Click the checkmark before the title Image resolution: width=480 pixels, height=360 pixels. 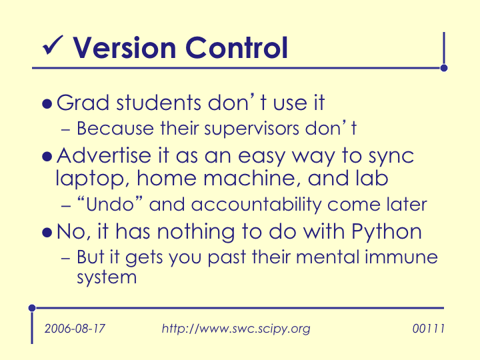click(x=53, y=45)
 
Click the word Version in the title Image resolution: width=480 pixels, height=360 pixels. click(x=124, y=48)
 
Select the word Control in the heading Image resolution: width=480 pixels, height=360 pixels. click(x=237, y=47)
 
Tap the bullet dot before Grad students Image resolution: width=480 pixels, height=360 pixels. click(x=47, y=104)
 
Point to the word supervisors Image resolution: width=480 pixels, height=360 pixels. click(x=251, y=129)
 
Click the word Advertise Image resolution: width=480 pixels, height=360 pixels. click(x=104, y=155)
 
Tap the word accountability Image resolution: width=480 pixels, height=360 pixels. click(x=256, y=205)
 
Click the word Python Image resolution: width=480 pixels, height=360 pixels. click(x=386, y=233)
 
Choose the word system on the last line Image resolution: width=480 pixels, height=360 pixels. click(x=107, y=278)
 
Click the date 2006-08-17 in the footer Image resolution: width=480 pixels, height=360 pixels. click(x=75, y=329)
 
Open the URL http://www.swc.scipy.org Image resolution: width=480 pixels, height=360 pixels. click(x=236, y=329)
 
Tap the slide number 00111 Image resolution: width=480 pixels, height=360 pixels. click(x=428, y=329)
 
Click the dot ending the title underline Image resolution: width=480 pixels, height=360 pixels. click(x=444, y=68)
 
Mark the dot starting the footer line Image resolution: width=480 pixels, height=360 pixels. click(x=32, y=307)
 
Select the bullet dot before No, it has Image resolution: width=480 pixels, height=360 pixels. click(x=47, y=233)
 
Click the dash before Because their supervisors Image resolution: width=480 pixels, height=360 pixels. click(x=65, y=130)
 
